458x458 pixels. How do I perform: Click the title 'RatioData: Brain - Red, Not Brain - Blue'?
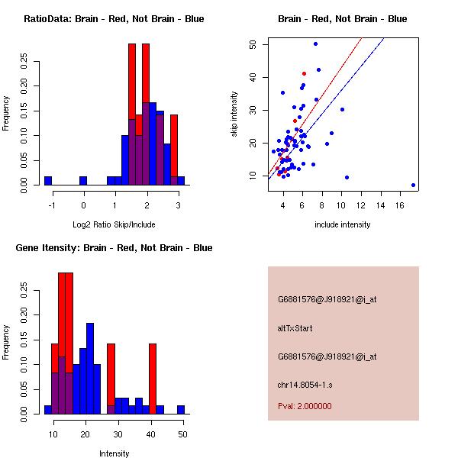pos(114,19)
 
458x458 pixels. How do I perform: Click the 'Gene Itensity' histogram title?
pos(114,248)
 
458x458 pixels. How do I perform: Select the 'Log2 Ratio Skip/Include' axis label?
pos(114,224)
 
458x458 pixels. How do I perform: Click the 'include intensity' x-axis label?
pos(343,224)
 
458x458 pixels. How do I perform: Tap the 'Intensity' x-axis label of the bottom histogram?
pos(114,453)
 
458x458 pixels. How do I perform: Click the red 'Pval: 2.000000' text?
pos(305,406)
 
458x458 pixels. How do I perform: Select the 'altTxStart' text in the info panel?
pos(295,328)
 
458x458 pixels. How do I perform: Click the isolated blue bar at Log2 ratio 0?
pos(83,181)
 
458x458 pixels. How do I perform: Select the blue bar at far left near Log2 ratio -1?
pos(48,181)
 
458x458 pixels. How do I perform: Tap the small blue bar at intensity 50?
pos(181,410)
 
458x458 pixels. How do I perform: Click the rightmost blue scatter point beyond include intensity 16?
pos(413,185)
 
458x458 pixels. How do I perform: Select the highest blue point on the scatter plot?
pos(315,44)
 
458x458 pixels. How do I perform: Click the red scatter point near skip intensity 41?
pos(304,74)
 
